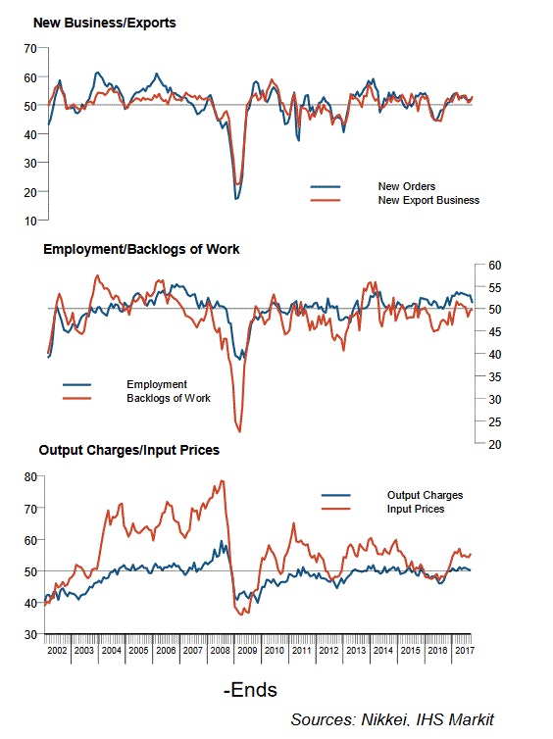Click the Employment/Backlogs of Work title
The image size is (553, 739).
tap(141, 249)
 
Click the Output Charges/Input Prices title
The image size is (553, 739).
tap(128, 450)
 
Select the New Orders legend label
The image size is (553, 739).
tap(406, 186)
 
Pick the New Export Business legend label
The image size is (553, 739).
tap(428, 200)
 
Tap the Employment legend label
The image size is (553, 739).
tap(157, 384)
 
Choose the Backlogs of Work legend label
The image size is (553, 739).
tap(169, 398)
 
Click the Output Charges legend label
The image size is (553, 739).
tap(425, 495)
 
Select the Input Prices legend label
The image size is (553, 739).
tap(416, 509)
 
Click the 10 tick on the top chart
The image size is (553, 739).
tap(30, 221)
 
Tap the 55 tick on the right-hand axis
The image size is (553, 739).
tap(495, 287)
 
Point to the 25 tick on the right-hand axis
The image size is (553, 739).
tap(495, 421)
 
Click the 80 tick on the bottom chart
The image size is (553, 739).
tap(30, 476)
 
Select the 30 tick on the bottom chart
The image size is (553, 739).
tap(30, 635)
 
